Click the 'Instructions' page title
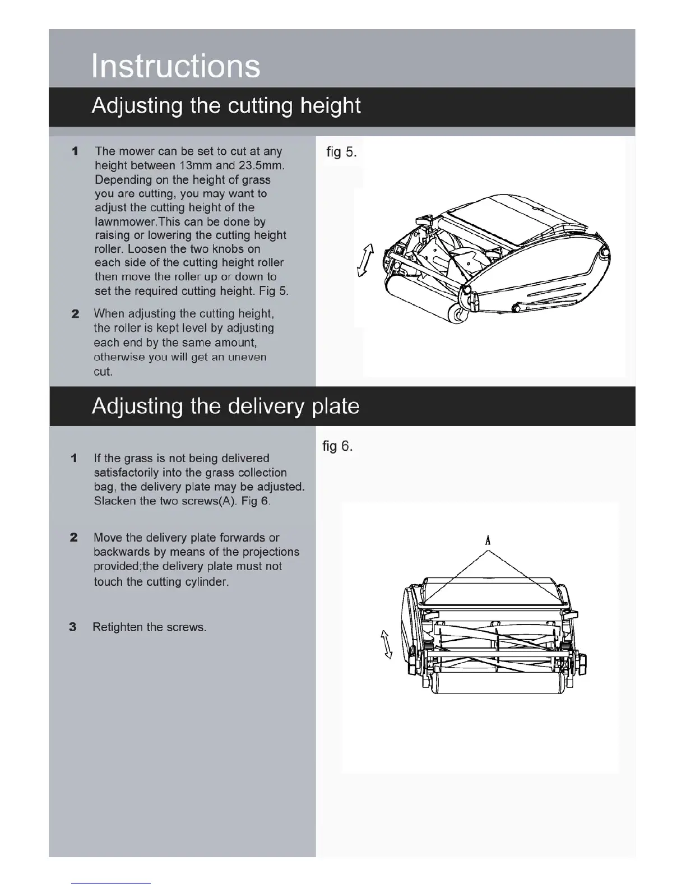(175, 66)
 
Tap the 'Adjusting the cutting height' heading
(226, 106)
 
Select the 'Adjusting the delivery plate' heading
(225, 406)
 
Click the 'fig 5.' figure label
(341, 152)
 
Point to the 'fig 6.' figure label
(337, 446)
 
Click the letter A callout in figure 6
(488, 540)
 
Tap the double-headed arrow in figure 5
(365, 260)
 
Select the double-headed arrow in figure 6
(386, 644)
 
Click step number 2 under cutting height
(75, 314)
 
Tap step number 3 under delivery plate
(73, 627)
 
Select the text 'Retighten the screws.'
(149, 627)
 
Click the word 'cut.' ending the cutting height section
(103, 371)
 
